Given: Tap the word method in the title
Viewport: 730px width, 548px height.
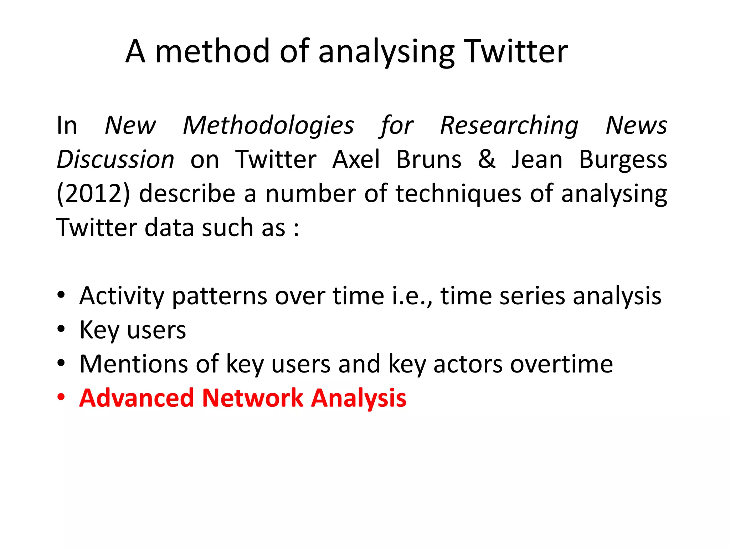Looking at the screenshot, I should pyautogui.click(x=212, y=52).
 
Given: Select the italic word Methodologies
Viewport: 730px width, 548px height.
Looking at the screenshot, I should pyautogui.click(x=268, y=126).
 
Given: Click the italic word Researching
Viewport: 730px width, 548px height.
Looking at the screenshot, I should pyautogui.click(x=509, y=126).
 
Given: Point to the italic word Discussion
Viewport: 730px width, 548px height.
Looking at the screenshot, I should pyautogui.click(x=115, y=159).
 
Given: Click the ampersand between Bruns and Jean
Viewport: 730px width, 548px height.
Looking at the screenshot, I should pyautogui.click(x=487, y=159).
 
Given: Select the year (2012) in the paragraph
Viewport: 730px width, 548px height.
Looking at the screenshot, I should pyautogui.click(x=93, y=193).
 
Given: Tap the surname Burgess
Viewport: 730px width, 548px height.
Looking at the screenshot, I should pyautogui.click(x=623, y=159).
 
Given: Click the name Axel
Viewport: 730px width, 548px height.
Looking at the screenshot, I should pyautogui.click(x=356, y=159).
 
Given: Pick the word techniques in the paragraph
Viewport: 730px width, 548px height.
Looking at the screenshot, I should pyautogui.click(x=458, y=193).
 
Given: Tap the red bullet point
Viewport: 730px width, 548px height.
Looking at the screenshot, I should pyautogui.click(x=61, y=397).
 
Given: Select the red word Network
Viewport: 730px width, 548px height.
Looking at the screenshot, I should pyautogui.click(x=252, y=398).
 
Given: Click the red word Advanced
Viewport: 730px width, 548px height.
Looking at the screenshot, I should pyautogui.click(x=137, y=398).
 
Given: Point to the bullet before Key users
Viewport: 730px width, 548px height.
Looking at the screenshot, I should pyautogui.click(x=61, y=329).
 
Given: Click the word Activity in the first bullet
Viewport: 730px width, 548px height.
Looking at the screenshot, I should pyautogui.click(x=121, y=296).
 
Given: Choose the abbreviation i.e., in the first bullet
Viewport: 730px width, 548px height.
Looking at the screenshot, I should pyautogui.click(x=412, y=296).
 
